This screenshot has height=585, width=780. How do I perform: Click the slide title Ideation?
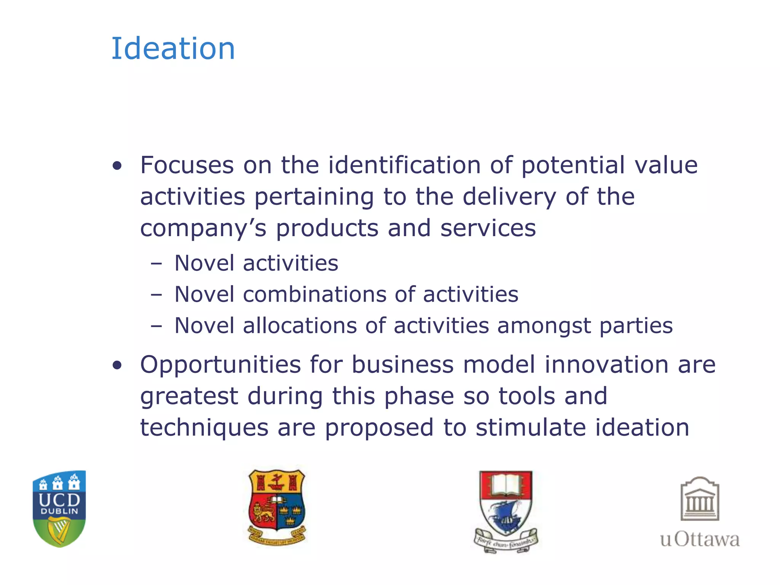173,49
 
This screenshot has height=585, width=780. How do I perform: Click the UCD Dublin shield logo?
59,508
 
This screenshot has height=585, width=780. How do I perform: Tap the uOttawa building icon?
700,499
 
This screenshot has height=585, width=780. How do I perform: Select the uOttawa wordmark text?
700,539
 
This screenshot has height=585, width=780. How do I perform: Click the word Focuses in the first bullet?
187,165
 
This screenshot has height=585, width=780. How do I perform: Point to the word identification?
404,165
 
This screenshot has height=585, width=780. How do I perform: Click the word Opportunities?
221,365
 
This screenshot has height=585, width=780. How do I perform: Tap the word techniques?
204,428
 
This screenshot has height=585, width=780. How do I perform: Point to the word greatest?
189,397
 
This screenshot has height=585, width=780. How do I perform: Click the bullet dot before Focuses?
117,166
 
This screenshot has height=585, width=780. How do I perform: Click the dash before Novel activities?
156,263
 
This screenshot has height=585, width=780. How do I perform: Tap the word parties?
636,326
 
